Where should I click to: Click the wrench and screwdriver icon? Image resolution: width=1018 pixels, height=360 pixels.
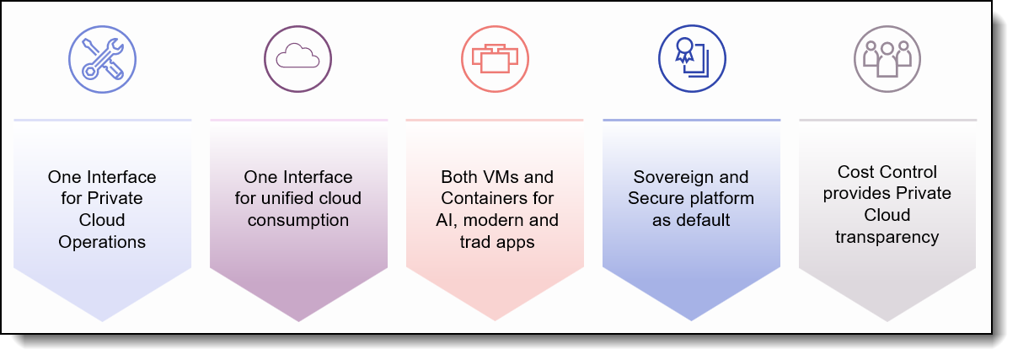pyautogui.click(x=102, y=59)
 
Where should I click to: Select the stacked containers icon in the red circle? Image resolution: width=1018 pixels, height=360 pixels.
pyautogui.click(x=495, y=59)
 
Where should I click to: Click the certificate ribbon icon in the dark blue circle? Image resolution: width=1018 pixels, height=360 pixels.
pyautogui.click(x=692, y=59)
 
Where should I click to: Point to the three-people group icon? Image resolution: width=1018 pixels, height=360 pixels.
pyautogui.click(x=887, y=59)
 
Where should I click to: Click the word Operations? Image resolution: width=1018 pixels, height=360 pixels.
pyautogui.click(x=102, y=242)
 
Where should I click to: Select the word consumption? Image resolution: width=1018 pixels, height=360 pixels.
pyautogui.click(x=298, y=220)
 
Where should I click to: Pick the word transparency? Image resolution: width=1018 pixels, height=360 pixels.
pyautogui.click(x=887, y=238)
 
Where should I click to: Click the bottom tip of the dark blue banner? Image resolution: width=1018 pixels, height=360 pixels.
pyautogui.click(x=691, y=321)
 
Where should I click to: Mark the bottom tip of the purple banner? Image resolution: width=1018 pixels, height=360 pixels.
pyautogui.click(x=298, y=321)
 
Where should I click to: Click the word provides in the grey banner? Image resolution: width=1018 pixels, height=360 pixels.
pyautogui.click(x=849, y=194)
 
